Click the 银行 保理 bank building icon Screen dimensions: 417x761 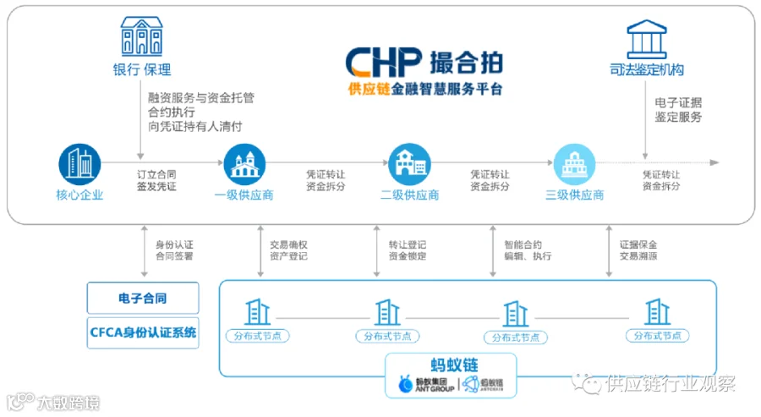141,36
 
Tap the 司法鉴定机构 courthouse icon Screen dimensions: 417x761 646,39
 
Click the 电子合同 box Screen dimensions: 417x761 143,299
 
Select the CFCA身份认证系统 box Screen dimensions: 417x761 143,332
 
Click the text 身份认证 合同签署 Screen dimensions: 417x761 173,250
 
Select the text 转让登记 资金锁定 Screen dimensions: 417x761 407,250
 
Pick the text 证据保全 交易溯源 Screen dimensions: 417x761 638,250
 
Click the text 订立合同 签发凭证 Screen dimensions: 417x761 156,180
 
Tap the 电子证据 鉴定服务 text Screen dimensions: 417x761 677,110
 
